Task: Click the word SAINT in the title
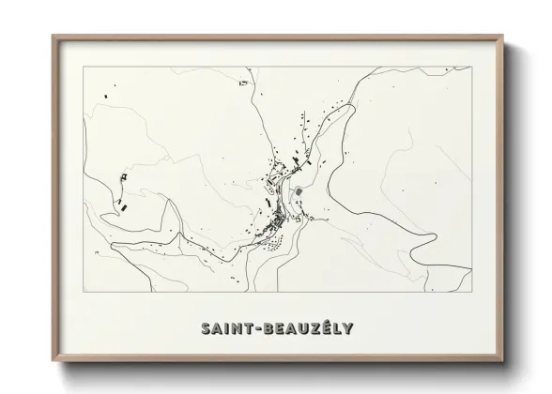pos(227,328)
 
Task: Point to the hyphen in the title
pos(259,329)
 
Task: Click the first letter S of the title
pos(206,328)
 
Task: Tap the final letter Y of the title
pos(348,328)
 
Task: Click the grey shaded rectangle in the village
pos(299,192)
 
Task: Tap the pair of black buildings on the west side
pos(121,202)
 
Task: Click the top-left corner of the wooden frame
pos(53,37)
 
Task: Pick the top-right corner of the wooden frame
pos(502,37)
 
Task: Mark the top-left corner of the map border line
pos(84,68)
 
